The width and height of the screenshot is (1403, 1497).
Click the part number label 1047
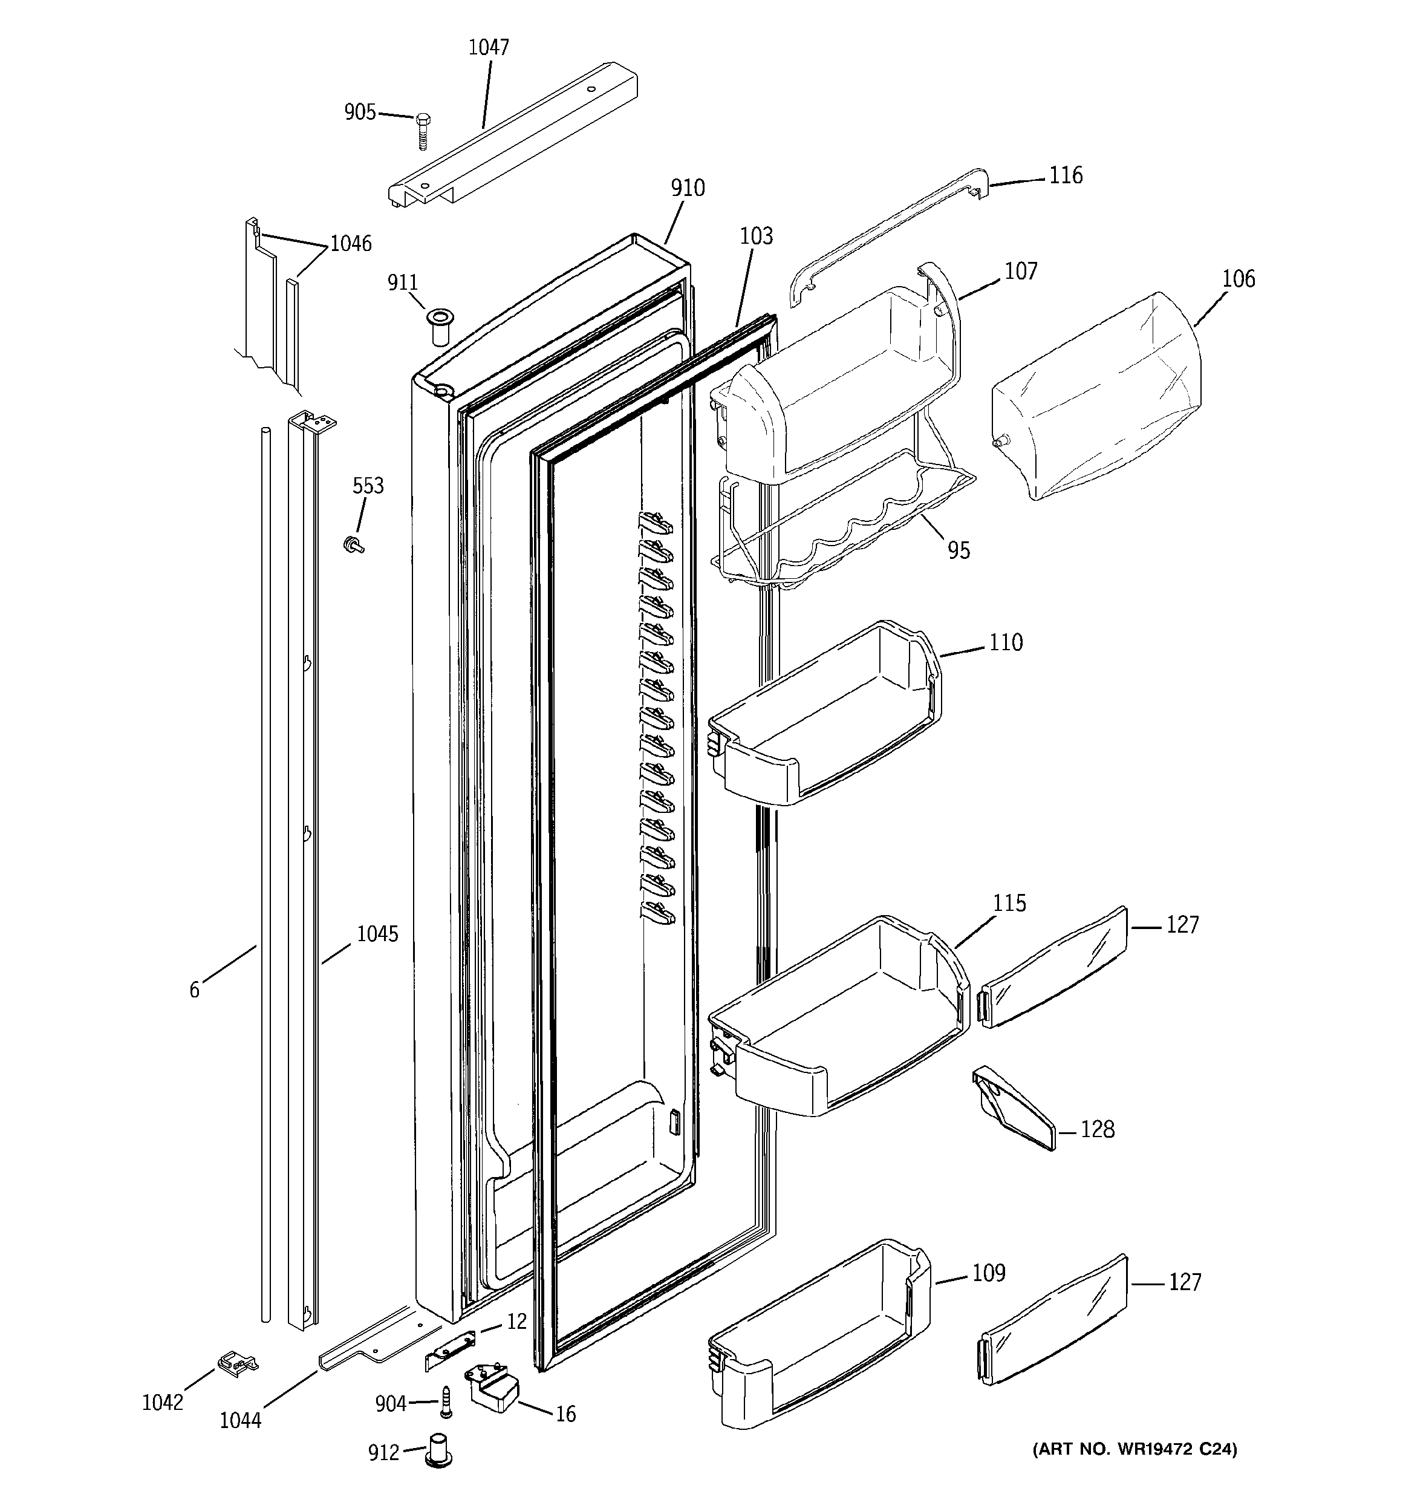(x=489, y=47)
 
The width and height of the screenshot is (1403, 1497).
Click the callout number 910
(x=688, y=188)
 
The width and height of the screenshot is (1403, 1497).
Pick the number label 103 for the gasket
(x=756, y=236)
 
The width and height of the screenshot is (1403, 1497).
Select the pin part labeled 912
(x=438, y=1450)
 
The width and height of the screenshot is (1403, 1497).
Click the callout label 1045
(x=377, y=934)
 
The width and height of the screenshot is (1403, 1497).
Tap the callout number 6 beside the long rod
(x=194, y=990)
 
